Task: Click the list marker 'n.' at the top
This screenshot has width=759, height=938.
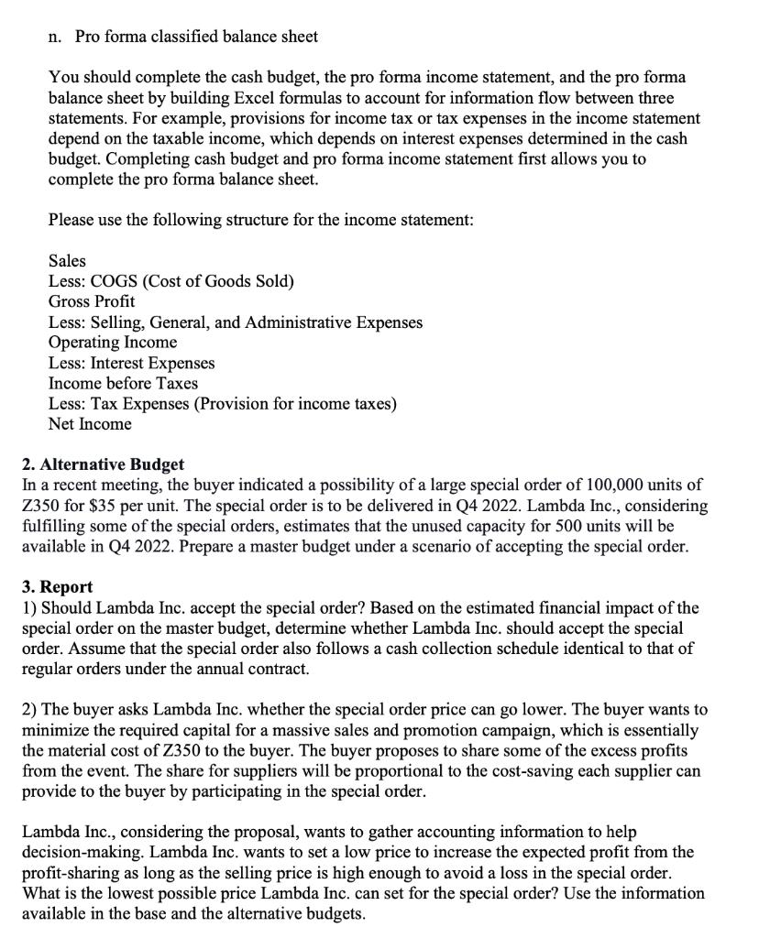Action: [x=55, y=37]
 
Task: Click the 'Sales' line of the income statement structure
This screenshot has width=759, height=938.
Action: [x=67, y=261]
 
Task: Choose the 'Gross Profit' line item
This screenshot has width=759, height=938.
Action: [x=92, y=301]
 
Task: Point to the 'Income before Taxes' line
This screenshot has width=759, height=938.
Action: [x=123, y=383]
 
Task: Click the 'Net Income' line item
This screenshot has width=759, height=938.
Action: [x=90, y=424]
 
